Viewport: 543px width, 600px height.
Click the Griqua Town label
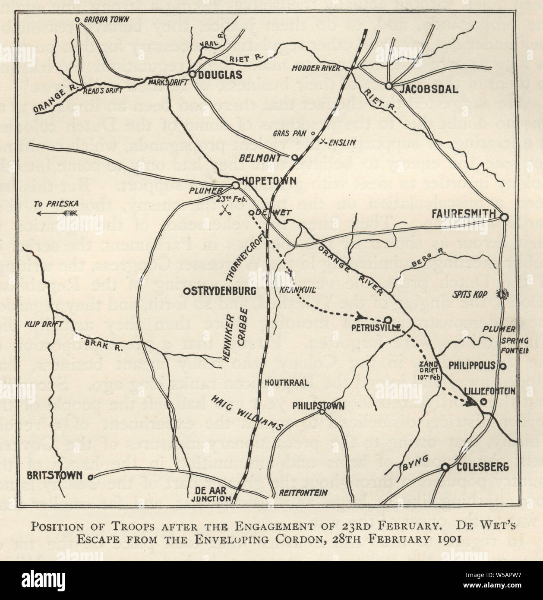point(102,19)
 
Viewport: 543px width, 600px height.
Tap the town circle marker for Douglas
point(193,74)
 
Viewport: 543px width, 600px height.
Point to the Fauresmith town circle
point(504,217)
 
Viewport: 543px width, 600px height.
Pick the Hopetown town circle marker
point(236,186)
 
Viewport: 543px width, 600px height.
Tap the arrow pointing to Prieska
point(56,213)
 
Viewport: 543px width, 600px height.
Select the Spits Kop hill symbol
point(503,294)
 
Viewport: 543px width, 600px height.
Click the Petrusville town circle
point(388,320)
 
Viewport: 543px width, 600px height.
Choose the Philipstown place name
point(318,406)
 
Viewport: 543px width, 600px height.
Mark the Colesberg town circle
point(445,467)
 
